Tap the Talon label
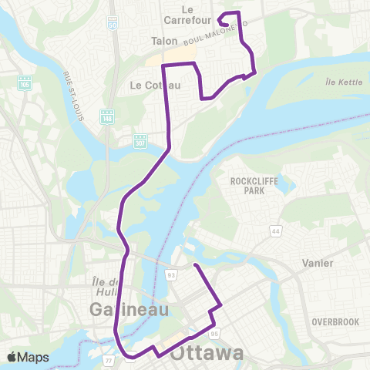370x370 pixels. click(165, 41)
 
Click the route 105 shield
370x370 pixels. click(25, 81)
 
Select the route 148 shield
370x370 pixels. click(108, 116)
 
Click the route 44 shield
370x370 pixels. click(274, 230)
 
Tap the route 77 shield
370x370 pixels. click(109, 359)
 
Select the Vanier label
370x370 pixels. click(318, 263)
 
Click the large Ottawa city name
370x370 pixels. click(207, 354)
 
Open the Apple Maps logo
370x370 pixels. click(29, 357)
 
